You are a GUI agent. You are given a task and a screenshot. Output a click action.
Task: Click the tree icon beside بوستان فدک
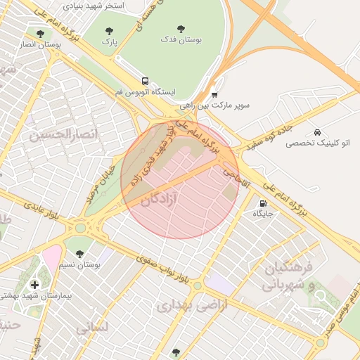[x=181, y=30]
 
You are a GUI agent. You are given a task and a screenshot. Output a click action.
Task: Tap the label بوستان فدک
[x=181, y=41]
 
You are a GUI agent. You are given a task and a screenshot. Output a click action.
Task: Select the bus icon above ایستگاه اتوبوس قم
[x=145, y=81]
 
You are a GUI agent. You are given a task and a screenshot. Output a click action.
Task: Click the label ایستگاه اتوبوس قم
[x=146, y=92]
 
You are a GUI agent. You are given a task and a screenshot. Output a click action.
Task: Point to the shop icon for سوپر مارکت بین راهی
[x=214, y=94]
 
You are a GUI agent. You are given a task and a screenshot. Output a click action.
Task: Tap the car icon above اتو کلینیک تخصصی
[x=318, y=131]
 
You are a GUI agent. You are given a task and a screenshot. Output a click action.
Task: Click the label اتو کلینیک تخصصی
[x=318, y=143]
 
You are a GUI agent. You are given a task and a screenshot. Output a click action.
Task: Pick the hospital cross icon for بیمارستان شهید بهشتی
[x=35, y=285]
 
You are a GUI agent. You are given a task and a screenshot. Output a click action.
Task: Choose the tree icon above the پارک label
[x=108, y=31]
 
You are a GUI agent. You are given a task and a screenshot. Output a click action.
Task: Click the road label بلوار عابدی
[x=44, y=213]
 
